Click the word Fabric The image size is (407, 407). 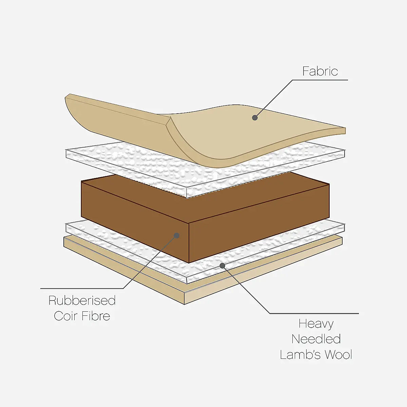coord(320,71)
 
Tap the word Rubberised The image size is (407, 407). coord(82,301)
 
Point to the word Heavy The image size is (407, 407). coord(316,324)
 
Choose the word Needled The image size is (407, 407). coord(316,339)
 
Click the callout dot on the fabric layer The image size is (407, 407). coord(255,118)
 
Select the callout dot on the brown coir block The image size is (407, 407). coord(177,235)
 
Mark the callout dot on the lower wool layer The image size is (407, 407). coord(222,266)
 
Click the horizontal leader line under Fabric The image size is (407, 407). coord(320,80)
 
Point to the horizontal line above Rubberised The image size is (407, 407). coord(82,288)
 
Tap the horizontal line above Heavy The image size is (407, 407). coord(314,313)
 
